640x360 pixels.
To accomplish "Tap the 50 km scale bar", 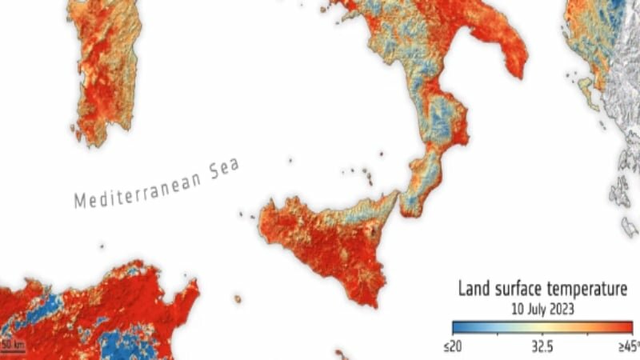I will coord(14,346).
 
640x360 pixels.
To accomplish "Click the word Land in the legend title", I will coord(473,288).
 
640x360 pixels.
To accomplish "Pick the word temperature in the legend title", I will coord(590,288).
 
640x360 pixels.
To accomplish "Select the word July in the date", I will coord(542,306).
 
